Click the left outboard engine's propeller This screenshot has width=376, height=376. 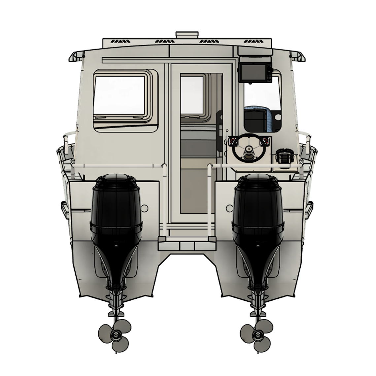click(x=115, y=335)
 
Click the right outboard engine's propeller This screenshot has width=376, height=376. click(x=256, y=335)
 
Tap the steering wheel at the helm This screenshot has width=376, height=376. click(x=248, y=149)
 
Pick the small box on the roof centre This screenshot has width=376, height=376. click(x=188, y=35)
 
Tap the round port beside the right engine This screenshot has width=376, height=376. click(x=228, y=208)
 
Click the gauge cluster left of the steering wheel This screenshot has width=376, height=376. click(x=233, y=141)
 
